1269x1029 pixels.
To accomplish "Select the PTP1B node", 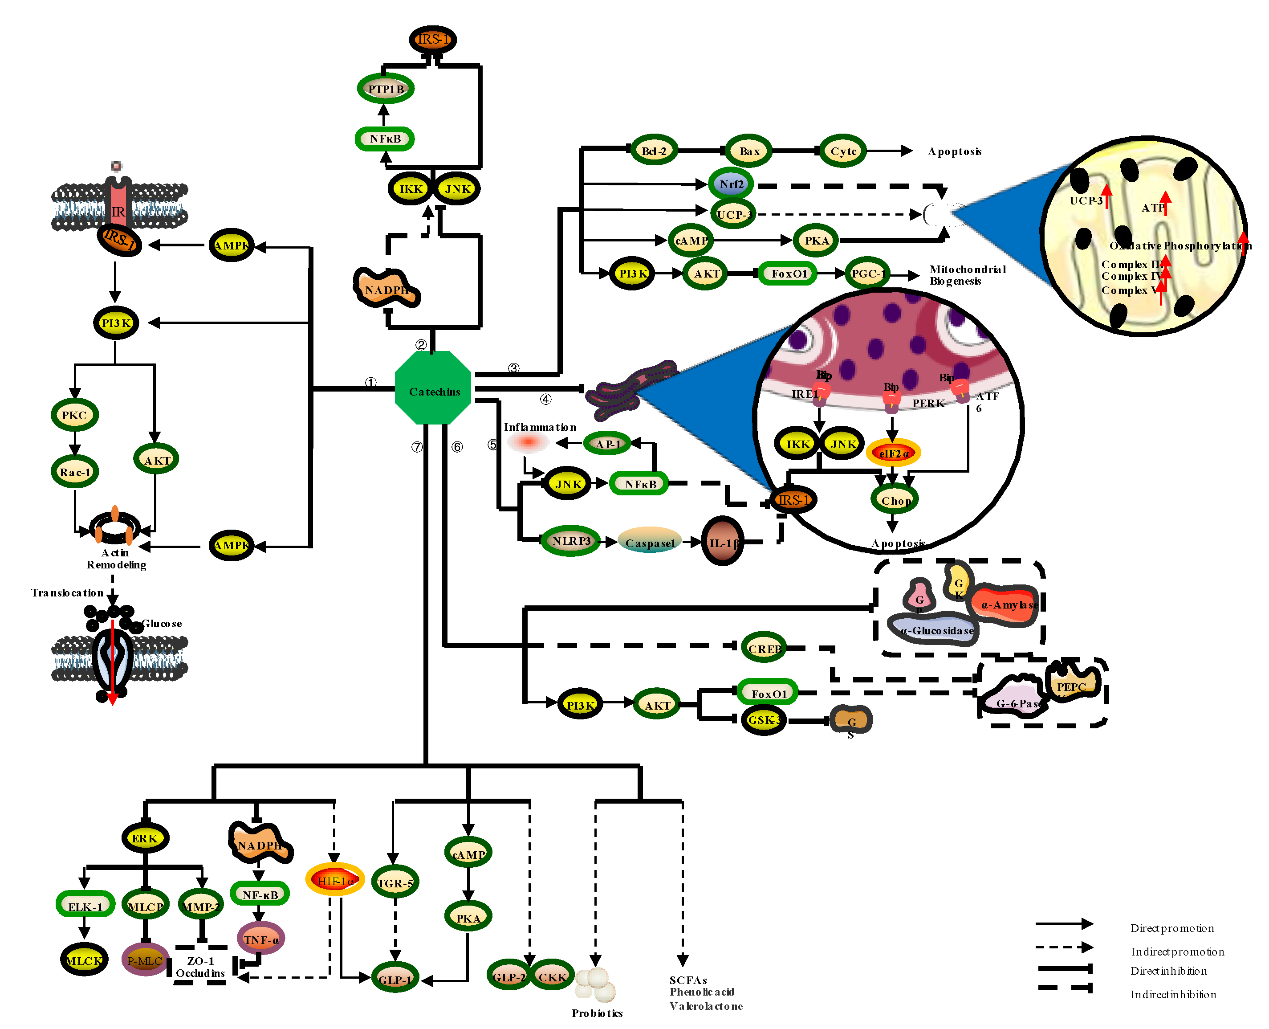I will pos(386,89).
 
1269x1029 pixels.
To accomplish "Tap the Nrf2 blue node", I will pos(731,184).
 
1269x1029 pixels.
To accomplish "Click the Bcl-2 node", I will pos(654,151).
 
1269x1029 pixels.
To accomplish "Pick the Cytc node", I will pos(842,151).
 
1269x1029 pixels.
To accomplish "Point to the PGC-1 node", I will pos(867,273).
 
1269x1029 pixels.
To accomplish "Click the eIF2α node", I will pos(893,453).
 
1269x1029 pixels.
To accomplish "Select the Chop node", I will pos(895,500).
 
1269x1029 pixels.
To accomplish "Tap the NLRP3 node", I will pos(570,541).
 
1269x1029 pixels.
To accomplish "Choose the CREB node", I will pos(764,649).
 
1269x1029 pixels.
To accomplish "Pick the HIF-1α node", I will pos(335,880).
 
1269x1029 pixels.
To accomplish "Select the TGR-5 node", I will pos(395,882).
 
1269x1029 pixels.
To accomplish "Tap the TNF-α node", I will pos(260,939).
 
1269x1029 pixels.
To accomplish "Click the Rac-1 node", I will pos(75,472).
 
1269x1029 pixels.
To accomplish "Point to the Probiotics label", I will pos(597,1013).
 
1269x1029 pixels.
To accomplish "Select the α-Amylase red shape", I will pos(1007,604).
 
